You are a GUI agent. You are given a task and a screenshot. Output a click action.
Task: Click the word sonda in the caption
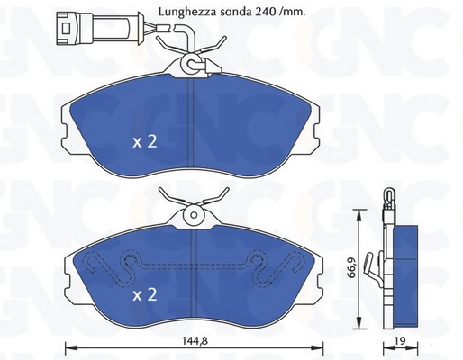[x=237, y=12]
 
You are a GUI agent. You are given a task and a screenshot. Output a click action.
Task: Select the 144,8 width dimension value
[x=195, y=341]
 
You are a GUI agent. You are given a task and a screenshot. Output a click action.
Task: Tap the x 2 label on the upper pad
[x=145, y=141]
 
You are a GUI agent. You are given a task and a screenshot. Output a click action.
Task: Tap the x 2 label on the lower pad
[x=145, y=294]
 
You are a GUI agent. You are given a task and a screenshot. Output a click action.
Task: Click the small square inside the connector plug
[x=66, y=29]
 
